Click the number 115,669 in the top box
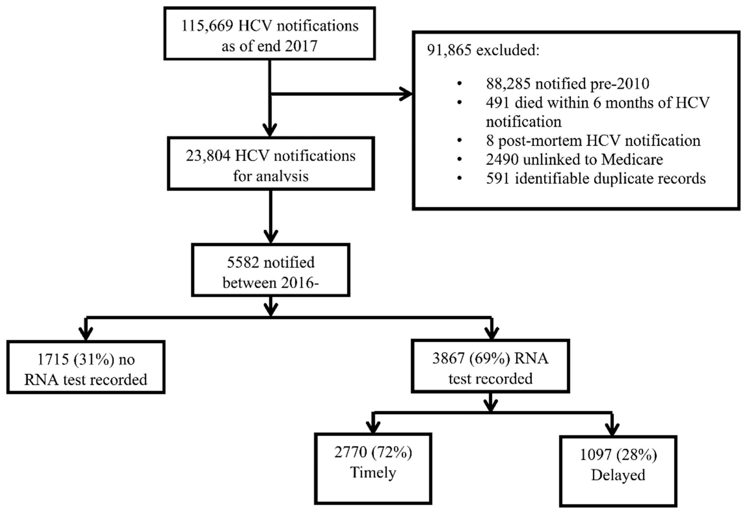coord(207,26)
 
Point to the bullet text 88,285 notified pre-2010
coord(567,84)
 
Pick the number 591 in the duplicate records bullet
coord(498,179)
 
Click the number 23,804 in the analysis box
coord(208,156)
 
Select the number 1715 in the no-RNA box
coord(53,359)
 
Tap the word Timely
coord(373,473)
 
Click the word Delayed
coord(618,475)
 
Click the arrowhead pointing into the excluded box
coord(406,94)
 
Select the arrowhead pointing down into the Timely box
coord(373,428)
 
